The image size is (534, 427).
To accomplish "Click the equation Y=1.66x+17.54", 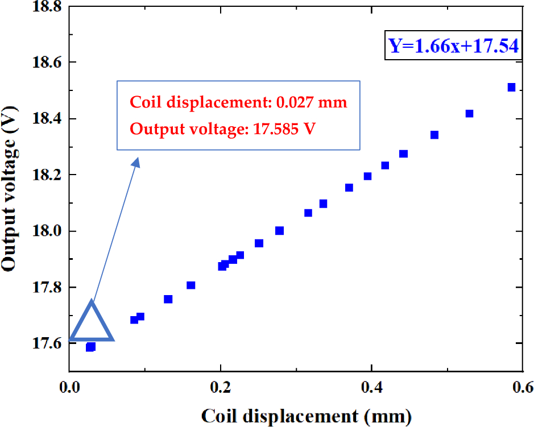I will tap(453, 45).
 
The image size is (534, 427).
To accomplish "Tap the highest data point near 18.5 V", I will tap(511, 87).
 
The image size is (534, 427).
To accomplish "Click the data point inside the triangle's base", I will tap(90, 347).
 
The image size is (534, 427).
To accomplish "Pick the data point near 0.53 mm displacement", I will tap(469, 114).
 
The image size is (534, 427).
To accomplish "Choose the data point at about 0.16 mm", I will tap(191, 285).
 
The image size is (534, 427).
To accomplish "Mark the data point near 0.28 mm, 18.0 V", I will tap(279, 230).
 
